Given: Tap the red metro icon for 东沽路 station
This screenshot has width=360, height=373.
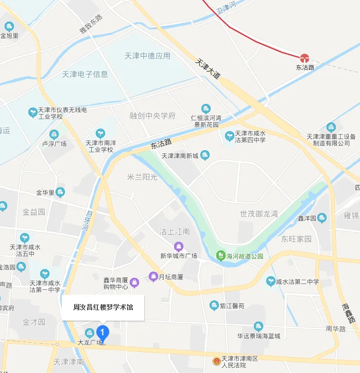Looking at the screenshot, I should [x=304, y=58].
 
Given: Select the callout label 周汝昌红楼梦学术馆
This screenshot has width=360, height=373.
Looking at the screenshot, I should [x=103, y=308].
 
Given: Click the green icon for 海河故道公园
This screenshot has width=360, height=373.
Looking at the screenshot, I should [x=220, y=256].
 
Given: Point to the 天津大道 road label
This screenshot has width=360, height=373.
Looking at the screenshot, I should [x=208, y=68].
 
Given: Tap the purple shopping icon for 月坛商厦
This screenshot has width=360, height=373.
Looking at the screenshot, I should [x=153, y=277].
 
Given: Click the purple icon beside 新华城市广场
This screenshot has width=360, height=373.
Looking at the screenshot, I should [x=179, y=246].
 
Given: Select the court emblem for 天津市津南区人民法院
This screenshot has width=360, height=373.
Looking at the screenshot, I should [x=216, y=362].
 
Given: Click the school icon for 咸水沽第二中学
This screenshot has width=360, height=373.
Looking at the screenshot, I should [x=270, y=281].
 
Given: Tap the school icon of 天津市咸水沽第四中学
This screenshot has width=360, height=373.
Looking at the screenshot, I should [x=229, y=136].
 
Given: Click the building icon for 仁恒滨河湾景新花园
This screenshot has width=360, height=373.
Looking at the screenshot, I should [x=206, y=109].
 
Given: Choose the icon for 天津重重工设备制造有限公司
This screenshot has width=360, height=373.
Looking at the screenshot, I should [x=331, y=127].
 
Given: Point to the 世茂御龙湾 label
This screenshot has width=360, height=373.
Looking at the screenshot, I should [x=259, y=214].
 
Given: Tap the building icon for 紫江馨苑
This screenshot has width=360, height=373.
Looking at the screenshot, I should [x=214, y=306].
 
